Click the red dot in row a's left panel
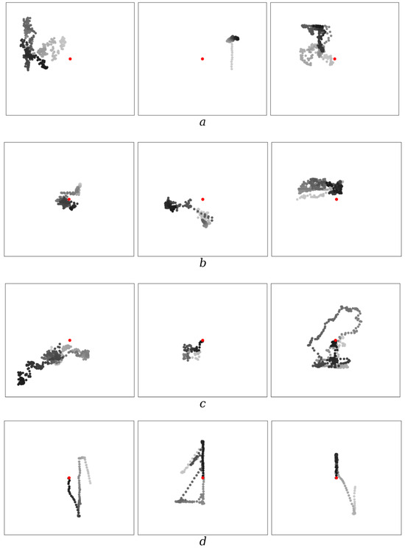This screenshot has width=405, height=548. (x=70, y=59)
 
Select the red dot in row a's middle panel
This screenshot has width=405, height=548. (x=202, y=59)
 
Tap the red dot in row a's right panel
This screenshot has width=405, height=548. (x=335, y=59)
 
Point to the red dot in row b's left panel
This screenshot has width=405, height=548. (x=68, y=199)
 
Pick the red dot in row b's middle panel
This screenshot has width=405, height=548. (x=202, y=199)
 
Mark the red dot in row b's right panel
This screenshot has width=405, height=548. (x=337, y=199)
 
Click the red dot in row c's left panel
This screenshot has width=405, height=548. (x=70, y=340)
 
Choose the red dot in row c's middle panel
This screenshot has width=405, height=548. (x=202, y=340)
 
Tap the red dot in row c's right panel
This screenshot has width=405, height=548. (x=336, y=340)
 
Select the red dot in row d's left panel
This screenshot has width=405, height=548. (x=69, y=478)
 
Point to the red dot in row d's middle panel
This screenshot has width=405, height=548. (x=203, y=478)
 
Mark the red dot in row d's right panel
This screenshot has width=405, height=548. (x=337, y=478)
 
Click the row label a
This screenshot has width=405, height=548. (x=202, y=122)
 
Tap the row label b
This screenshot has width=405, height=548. (x=202, y=263)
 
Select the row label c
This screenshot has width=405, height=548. (x=202, y=404)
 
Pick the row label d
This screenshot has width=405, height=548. (x=202, y=541)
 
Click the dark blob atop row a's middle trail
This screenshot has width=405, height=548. (x=233, y=38)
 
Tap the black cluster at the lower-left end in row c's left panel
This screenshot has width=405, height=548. (x=21, y=379)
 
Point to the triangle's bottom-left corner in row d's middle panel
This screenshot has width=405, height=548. (x=176, y=502)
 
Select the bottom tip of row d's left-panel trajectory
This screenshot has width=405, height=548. (x=79, y=516)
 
